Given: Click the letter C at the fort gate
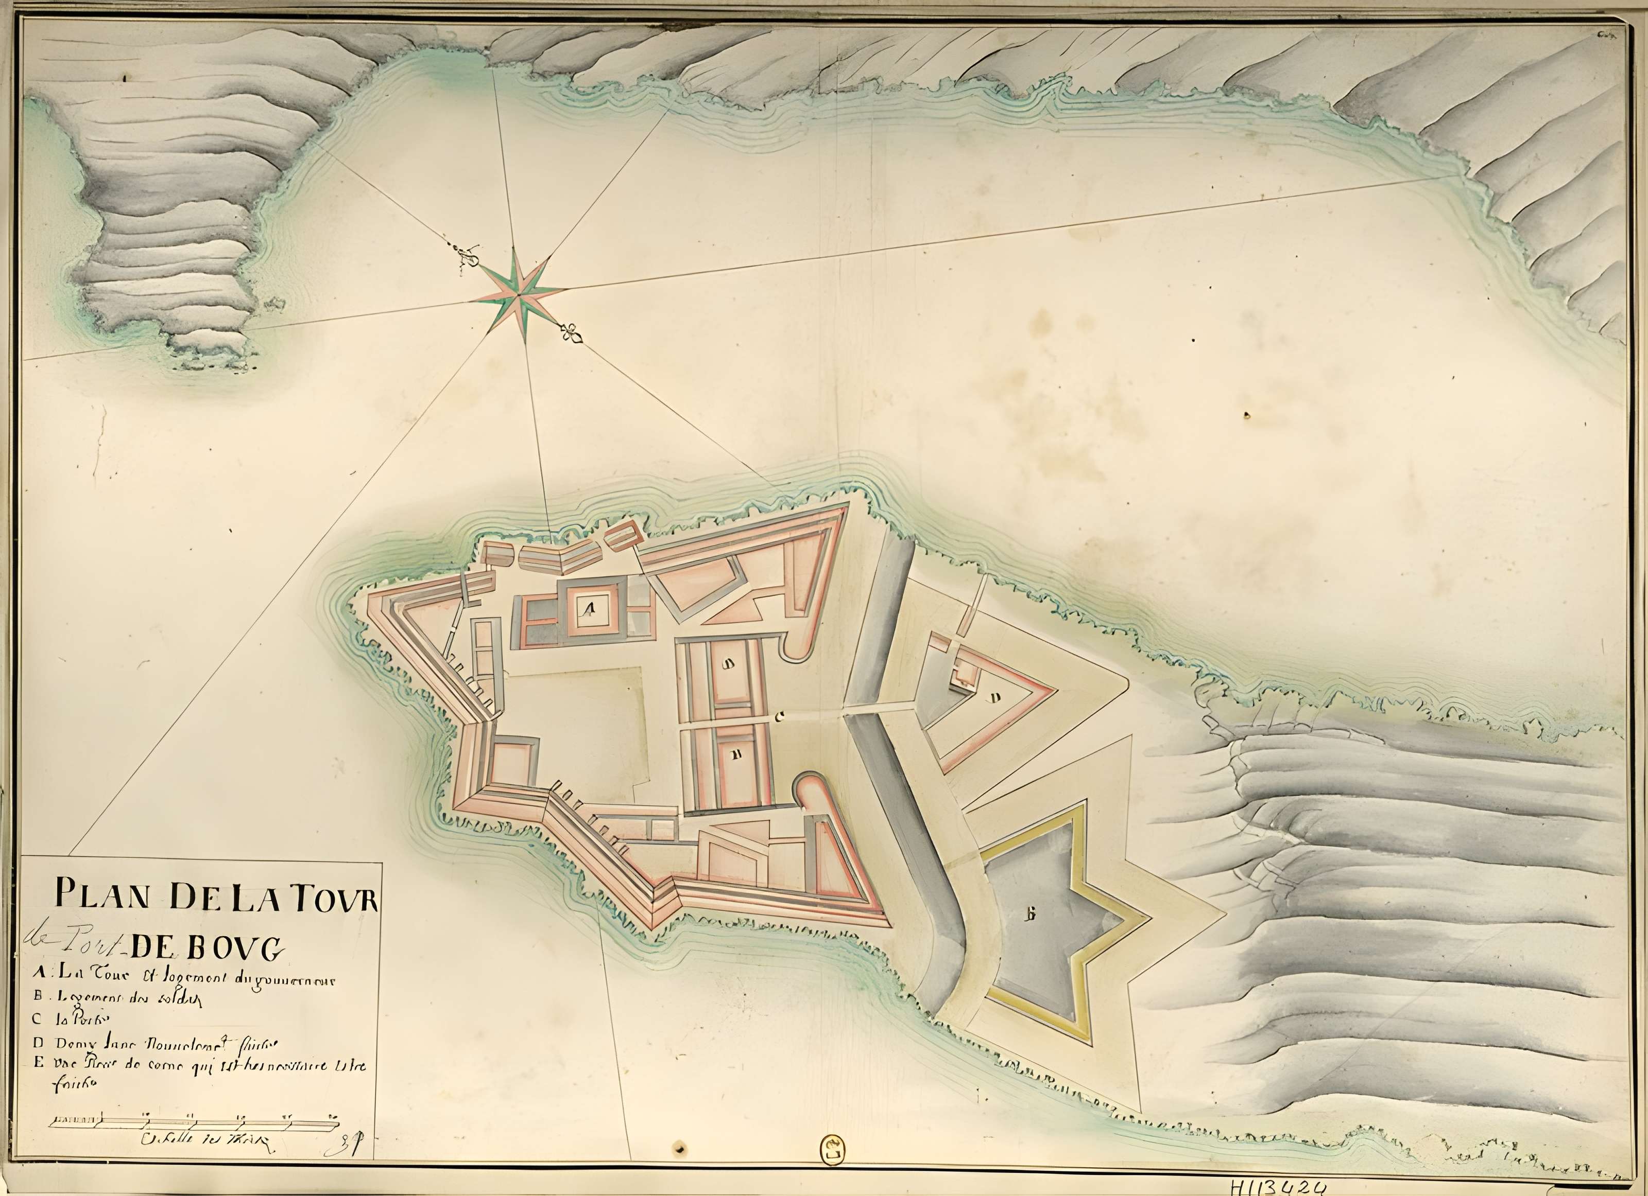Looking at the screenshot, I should click(x=780, y=717).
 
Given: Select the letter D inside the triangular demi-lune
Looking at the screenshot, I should click(x=996, y=698).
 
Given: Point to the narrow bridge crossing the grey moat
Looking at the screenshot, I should click(x=879, y=708).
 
